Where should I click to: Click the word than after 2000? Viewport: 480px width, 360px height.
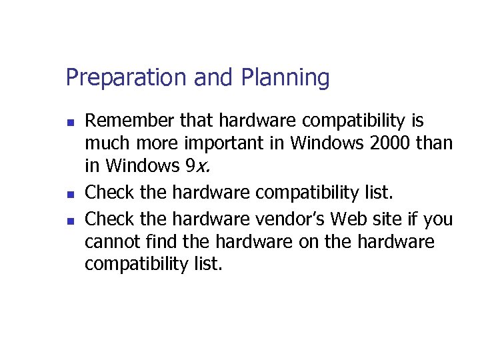437,143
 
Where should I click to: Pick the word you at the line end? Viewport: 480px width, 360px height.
437,220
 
